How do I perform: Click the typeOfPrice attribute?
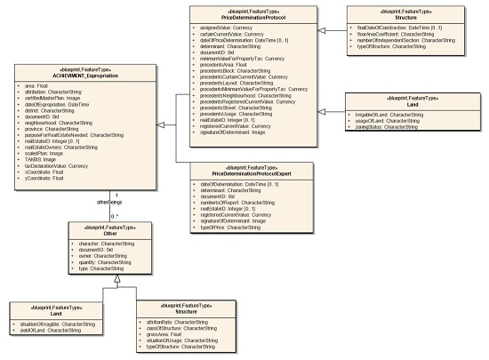pyautogui.click(x=212, y=228)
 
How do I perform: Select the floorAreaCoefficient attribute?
pyautogui.click(x=410, y=34)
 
